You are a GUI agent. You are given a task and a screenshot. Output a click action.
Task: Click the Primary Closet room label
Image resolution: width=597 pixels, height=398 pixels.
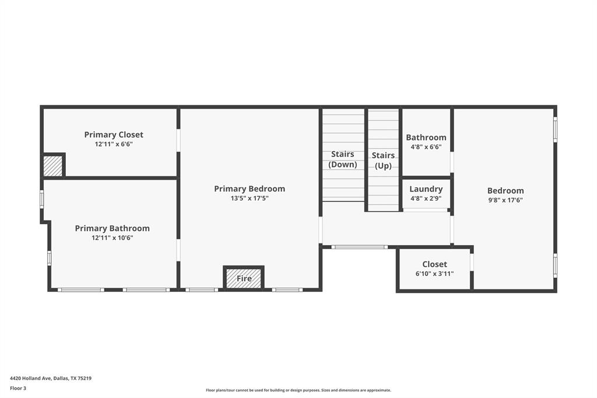[114, 135]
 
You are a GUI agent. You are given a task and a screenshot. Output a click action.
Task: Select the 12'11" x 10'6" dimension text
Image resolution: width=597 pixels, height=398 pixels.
[112, 238]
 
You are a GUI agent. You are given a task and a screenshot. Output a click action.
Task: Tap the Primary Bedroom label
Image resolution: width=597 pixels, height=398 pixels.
[250, 189]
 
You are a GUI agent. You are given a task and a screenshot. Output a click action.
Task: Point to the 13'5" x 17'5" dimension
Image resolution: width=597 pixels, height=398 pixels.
[250, 198]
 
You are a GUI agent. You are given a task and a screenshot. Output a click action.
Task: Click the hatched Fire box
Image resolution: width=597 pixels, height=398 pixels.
[244, 278]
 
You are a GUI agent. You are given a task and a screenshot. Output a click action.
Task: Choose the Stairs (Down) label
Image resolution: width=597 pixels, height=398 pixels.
[343, 159]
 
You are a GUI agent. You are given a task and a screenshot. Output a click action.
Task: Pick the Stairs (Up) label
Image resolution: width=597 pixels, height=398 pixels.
[383, 160]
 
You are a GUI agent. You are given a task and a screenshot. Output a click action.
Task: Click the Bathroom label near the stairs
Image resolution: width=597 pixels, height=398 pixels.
[426, 138]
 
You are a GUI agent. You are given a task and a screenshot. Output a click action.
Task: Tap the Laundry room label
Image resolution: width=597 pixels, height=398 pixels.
[426, 189]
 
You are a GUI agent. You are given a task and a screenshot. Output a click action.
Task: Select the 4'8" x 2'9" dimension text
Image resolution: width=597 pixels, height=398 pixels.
[426, 198]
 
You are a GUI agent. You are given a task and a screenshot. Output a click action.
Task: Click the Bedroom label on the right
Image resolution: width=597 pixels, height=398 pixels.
[505, 191]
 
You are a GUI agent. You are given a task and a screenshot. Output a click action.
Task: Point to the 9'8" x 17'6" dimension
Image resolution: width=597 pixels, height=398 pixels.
[505, 200]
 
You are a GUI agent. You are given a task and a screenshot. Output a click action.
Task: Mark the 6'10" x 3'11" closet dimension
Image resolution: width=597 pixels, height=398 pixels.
[434, 274]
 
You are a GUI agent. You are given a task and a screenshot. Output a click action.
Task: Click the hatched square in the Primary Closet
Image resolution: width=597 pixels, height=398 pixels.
[53, 166]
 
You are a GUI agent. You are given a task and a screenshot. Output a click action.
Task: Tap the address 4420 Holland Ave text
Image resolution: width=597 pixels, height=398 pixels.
[51, 378]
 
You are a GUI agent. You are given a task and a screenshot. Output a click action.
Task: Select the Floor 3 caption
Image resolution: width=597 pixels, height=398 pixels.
[18, 388]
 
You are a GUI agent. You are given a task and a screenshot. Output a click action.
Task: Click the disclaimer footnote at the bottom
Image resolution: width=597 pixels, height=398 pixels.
[298, 390]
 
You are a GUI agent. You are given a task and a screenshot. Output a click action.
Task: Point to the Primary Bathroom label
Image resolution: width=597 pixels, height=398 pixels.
[112, 229]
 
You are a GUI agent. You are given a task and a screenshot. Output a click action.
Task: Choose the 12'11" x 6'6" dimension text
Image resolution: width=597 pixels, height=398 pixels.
[114, 144]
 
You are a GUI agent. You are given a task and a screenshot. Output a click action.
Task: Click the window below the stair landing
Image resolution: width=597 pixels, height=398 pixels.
[359, 247]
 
